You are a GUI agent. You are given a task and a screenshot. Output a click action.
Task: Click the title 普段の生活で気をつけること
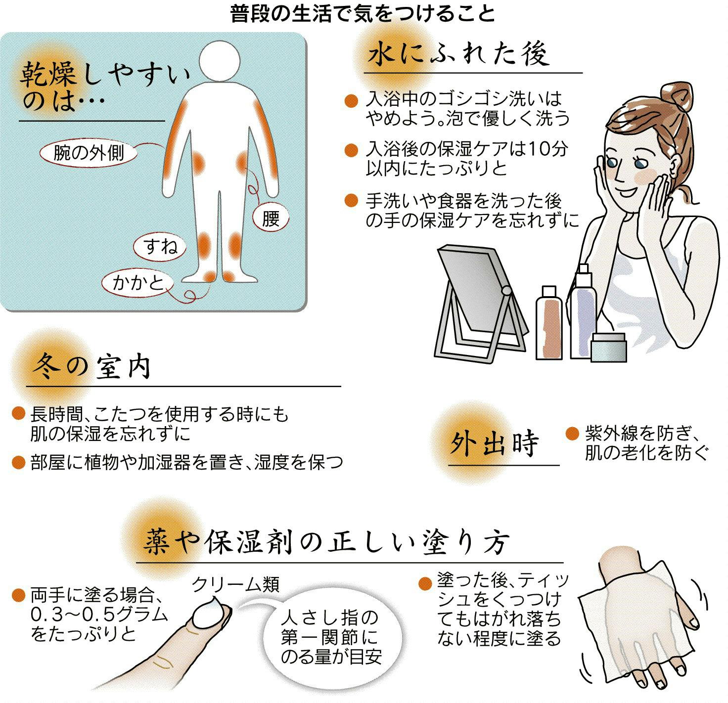[363, 14]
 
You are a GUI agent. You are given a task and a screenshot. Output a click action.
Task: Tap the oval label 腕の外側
[89, 153]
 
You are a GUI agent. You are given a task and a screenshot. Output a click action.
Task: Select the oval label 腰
[271, 219]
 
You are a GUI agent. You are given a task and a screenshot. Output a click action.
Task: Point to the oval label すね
[160, 246]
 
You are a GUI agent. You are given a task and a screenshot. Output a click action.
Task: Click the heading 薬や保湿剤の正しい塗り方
[326, 543]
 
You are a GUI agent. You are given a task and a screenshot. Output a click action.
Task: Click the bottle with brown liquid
[549, 322]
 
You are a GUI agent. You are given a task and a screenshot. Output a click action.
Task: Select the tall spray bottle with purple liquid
[583, 311]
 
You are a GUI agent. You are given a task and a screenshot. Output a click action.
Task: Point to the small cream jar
[609, 348]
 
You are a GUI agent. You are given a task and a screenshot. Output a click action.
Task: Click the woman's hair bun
[676, 96]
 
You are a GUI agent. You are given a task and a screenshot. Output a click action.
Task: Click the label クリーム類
[236, 584]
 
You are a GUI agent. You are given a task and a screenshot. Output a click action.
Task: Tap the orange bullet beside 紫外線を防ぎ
[572, 434]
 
